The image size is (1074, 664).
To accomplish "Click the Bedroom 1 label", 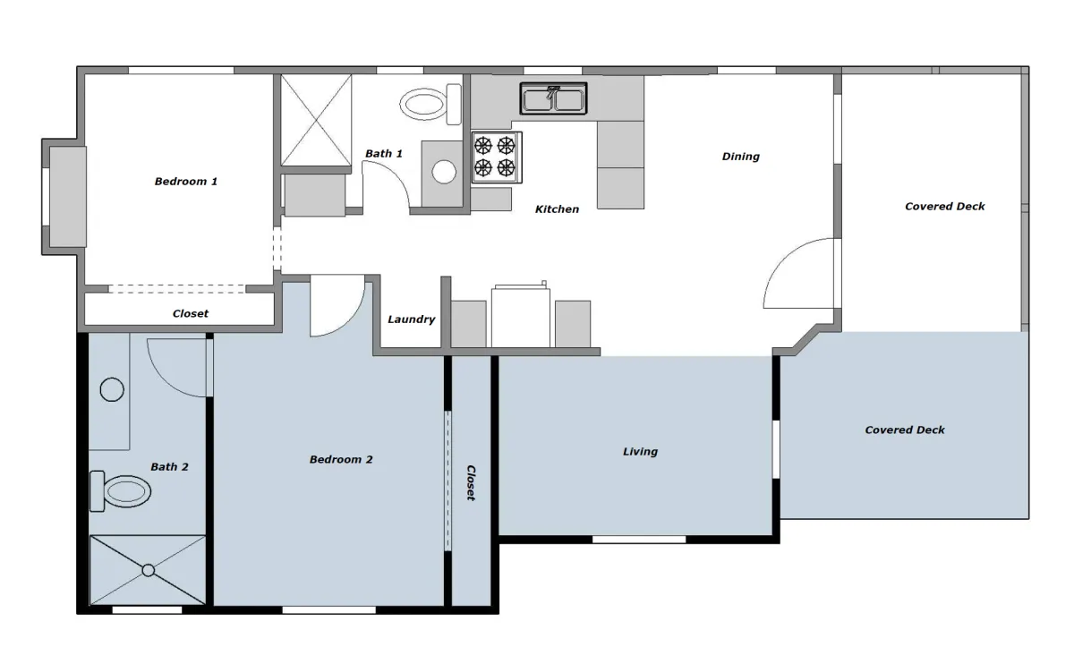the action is click(186, 182).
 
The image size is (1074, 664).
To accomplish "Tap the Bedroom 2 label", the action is click(341, 459).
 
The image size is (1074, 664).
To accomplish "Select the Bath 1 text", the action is click(384, 153).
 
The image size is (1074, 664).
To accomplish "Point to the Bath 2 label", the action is click(169, 466).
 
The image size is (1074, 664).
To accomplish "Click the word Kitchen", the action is click(557, 209).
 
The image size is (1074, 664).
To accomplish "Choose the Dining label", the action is click(741, 157).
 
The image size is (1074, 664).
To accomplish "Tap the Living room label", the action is click(640, 451).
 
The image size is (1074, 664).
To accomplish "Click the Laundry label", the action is click(412, 319).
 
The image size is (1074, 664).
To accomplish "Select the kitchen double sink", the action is click(553, 98).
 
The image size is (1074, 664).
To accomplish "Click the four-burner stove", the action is click(497, 157).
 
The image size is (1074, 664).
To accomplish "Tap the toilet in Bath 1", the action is click(430, 104).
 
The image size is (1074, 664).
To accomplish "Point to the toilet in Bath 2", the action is click(120, 491).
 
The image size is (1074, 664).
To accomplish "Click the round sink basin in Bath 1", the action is click(444, 172).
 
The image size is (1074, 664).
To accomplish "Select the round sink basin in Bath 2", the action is click(112, 389).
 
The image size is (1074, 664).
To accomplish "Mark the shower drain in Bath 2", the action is click(149, 570).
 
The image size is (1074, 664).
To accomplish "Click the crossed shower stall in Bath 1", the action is click(316, 120).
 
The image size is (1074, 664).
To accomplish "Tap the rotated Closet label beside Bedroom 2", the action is click(471, 482).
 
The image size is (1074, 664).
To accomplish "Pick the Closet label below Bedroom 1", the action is click(191, 313).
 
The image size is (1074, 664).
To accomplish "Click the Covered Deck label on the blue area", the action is click(905, 430).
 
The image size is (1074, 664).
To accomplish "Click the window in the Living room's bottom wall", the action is click(639, 540).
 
